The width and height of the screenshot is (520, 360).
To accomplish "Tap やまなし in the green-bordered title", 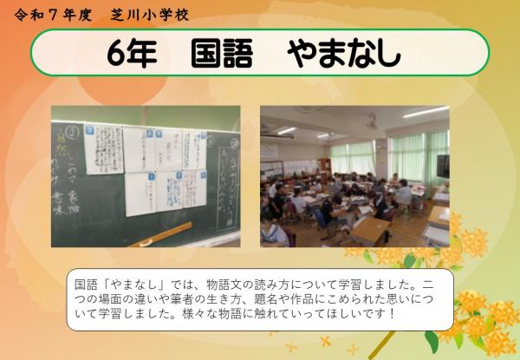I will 344,53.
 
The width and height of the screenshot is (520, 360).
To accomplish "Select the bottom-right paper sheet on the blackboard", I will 185,189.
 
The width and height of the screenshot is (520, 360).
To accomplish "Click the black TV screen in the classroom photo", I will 443,166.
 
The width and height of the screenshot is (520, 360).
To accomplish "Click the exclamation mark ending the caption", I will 393,312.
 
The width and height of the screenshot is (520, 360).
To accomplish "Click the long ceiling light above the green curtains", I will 426,113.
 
